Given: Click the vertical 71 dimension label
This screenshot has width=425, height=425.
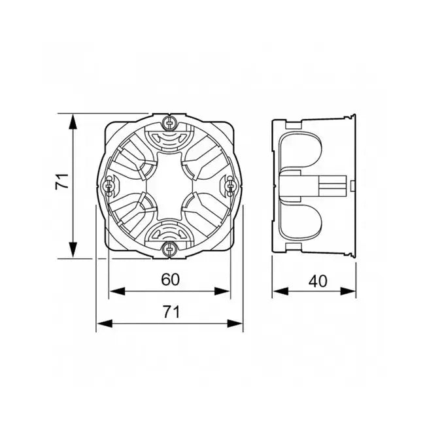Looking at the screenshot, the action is point(62,181).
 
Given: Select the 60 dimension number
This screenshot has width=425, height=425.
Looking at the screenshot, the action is point(171,279).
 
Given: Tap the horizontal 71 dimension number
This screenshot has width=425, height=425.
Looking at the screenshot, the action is point(171,312).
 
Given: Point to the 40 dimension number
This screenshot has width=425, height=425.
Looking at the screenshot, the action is point(318,281).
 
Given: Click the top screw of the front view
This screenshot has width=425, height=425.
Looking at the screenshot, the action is point(169,123).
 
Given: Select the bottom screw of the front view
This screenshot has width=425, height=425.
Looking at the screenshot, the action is point(169,248).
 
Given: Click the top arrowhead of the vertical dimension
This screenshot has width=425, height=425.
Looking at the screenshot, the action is point(73,122).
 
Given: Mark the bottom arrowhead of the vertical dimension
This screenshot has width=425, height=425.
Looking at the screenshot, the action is point(73,249).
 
